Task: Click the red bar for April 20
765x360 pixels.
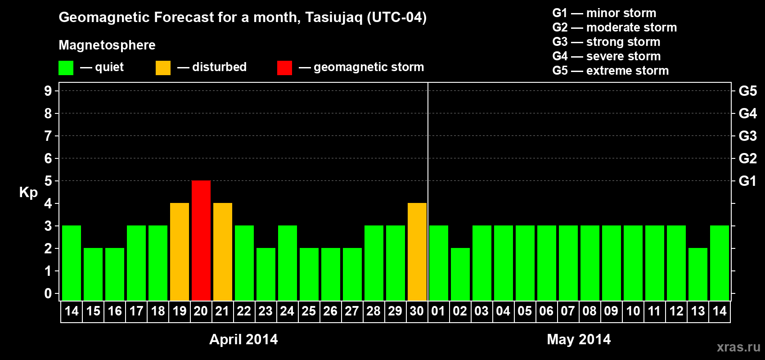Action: pyautogui.click(x=201, y=240)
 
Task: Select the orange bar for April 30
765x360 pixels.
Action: pyautogui.click(x=417, y=252)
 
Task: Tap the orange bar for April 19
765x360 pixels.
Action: pyautogui.click(x=180, y=252)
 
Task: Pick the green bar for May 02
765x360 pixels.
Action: pyautogui.click(x=460, y=274)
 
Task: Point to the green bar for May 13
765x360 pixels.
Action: pyautogui.click(x=697, y=274)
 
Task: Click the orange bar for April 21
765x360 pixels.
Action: pyautogui.click(x=223, y=252)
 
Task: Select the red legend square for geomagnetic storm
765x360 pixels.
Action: pyautogui.click(x=285, y=67)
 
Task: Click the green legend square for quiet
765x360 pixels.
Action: pyautogui.click(x=66, y=67)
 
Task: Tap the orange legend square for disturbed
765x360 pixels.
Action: pyautogui.click(x=163, y=67)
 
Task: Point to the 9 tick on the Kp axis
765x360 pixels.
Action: pyautogui.click(x=48, y=91)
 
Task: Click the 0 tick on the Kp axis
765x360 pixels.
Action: pyautogui.click(x=48, y=293)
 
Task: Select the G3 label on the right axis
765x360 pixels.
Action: pyautogui.click(x=748, y=136)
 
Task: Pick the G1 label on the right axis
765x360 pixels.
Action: pyautogui.click(x=748, y=181)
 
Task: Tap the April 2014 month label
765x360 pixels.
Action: pyautogui.click(x=243, y=339)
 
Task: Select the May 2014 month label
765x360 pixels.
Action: pyautogui.click(x=579, y=339)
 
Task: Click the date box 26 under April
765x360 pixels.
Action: pyautogui.click(x=331, y=311)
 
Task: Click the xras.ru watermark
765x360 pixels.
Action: pyautogui.click(x=738, y=347)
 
